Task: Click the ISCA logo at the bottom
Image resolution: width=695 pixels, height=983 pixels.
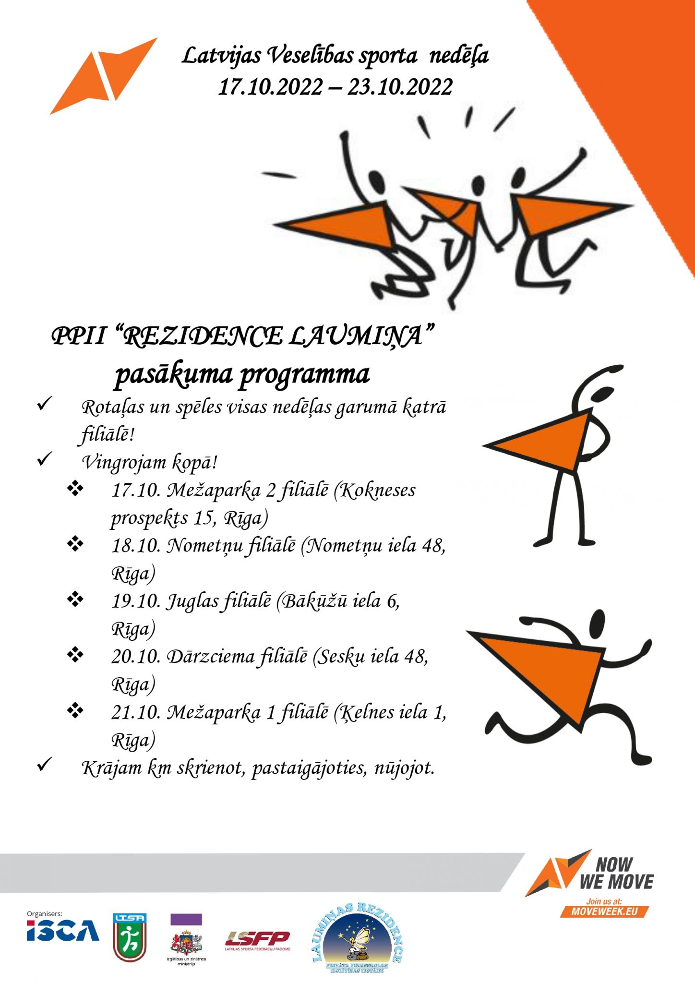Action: pos(63,931)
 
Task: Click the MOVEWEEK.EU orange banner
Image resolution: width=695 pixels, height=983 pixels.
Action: pos(604,911)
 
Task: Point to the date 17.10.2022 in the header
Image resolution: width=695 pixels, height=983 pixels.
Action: pos(270,87)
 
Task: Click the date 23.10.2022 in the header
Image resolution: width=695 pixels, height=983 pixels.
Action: pos(400,87)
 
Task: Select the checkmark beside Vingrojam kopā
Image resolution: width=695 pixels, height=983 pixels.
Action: pos(44,459)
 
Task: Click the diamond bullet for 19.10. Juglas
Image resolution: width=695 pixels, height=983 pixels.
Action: pos(75,599)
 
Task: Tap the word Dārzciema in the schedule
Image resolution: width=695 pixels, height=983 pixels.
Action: pos(210,656)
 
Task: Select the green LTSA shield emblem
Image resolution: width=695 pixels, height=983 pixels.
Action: pos(130,937)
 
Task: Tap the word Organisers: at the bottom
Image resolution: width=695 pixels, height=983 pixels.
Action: pos(45,914)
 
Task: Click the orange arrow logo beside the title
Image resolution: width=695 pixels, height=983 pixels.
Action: pos(102,77)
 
